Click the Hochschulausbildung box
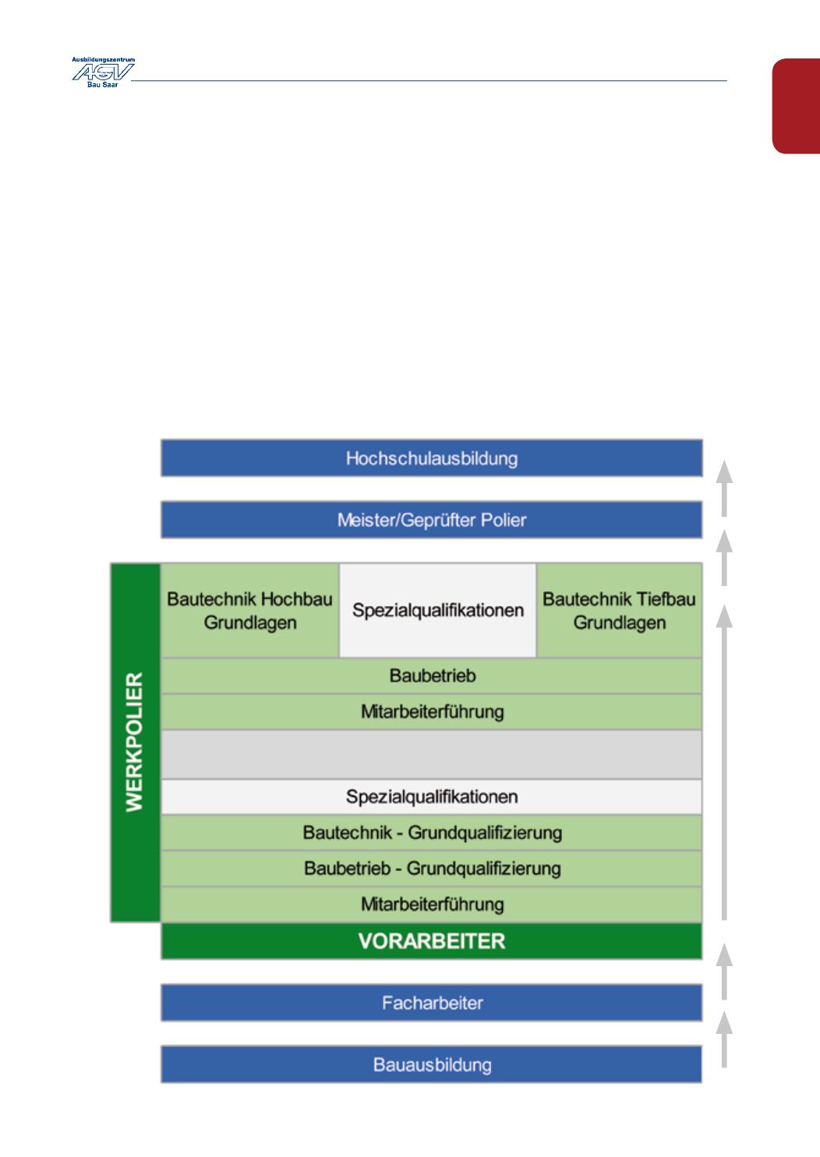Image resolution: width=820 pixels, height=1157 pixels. pyautogui.click(x=431, y=458)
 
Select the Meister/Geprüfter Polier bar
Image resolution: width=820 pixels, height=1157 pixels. pyautogui.click(x=431, y=520)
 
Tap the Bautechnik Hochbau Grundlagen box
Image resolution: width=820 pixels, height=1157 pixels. pyautogui.click(x=249, y=611)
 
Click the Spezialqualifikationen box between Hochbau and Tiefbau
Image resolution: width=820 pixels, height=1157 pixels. pyautogui.click(x=437, y=610)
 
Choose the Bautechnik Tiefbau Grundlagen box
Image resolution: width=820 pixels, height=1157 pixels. pyautogui.click(x=619, y=611)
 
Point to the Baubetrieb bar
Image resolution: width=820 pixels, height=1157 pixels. pyautogui.click(x=431, y=676)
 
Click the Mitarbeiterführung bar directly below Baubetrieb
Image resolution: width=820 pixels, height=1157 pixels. pyautogui.click(x=431, y=711)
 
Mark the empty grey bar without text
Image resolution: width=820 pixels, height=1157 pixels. pyautogui.click(x=431, y=754)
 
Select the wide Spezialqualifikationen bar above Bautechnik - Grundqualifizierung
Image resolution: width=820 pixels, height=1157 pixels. pyautogui.click(x=431, y=797)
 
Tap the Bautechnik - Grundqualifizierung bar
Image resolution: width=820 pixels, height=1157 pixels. pyautogui.click(x=431, y=833)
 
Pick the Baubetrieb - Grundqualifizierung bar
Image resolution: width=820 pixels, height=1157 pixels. pyautogui.click(x=431, y=868)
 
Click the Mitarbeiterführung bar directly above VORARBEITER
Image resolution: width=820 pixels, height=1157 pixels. pyautogui.click(x=431, y=905)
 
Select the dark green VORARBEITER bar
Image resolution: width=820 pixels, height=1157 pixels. pyautogui.click(x=431, y=941)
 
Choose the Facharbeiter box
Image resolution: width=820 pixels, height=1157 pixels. pyautogui.click(x=431, y=1003)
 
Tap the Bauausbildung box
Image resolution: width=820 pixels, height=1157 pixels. pyautogui.click(x=431, y=1064)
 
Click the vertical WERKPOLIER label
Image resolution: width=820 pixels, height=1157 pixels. pyautogui.click(x=135, y=743)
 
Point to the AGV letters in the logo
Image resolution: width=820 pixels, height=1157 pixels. pyautogui.click(x=102, y=72)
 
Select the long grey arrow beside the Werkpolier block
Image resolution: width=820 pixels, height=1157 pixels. pyautogui.click(x=725, y=764)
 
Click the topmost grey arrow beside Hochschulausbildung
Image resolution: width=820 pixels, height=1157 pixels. pyautogui.click(x=725, y=488)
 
